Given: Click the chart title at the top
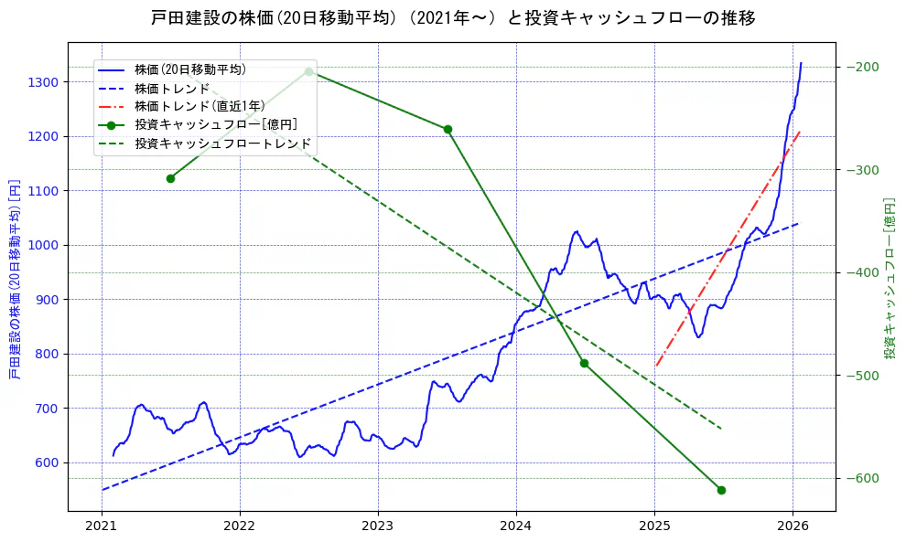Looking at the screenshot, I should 453,17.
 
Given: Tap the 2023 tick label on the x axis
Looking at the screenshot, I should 378,527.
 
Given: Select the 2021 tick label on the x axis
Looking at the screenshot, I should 102,527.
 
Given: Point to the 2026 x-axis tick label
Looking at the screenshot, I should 793,527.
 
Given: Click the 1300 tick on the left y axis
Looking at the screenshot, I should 42,82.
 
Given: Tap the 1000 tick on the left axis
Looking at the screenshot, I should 42,245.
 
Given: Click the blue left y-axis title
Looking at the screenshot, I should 14,279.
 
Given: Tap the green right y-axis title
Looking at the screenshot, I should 889,279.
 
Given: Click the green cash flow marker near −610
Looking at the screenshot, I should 721,490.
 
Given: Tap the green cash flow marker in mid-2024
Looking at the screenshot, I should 584,363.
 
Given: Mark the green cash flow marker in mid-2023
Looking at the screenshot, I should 448,129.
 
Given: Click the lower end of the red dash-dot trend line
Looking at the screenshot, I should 656,367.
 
